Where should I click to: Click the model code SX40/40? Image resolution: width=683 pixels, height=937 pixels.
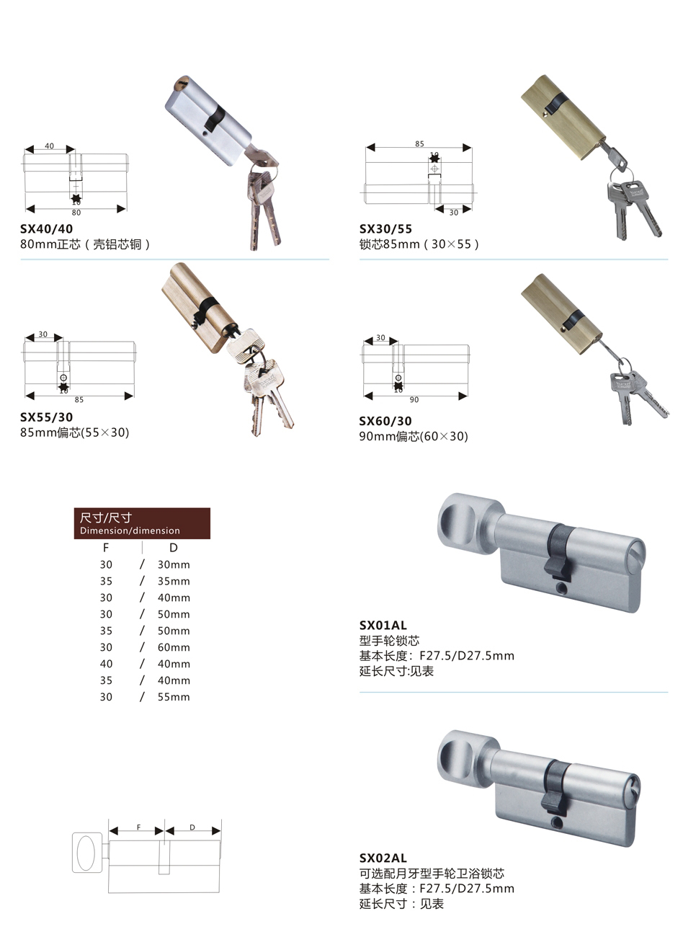(x=46, y=228)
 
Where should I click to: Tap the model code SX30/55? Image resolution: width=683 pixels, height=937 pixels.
(x=385, y=228)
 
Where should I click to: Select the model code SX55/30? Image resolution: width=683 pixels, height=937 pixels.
(x=46, y=417)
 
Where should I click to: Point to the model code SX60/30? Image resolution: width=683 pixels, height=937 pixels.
(x=385, y=421)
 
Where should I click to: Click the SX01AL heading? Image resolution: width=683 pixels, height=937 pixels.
(x=383, y=625)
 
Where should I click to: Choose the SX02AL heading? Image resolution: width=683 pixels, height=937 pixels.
(x=383, y=858)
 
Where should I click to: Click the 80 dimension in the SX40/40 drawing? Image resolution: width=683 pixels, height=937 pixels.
(x=76, y=213)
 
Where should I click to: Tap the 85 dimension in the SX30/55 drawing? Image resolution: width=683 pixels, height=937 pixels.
(x=419, y=144)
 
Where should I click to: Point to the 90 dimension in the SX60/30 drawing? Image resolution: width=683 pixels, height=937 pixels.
(x=414, y=400)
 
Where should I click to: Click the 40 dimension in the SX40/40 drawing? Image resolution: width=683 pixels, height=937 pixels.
(x=50, y=146)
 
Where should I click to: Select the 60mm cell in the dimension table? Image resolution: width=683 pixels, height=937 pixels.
(x=174, y=647)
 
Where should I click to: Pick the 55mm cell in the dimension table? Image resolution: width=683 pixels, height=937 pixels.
(x=174, y=697)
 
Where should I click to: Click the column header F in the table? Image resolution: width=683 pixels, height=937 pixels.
(x=106, y=548)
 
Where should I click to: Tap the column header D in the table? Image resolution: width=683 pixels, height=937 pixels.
(x=174, y=548)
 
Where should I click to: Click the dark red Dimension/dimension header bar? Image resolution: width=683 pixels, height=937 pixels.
(x=142, y=523)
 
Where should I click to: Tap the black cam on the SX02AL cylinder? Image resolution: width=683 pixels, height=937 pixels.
(x=555, y=788)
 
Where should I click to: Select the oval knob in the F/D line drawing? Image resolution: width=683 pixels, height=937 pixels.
(x=86, y=853)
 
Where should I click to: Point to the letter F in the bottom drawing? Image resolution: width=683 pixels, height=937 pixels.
(x=139, y=827)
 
